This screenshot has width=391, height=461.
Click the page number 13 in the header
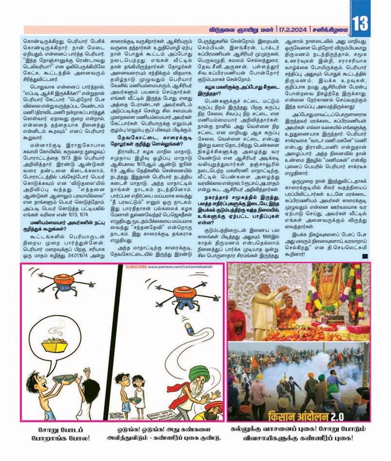(360, 22)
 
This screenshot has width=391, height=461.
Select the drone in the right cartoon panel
(178, 298)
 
